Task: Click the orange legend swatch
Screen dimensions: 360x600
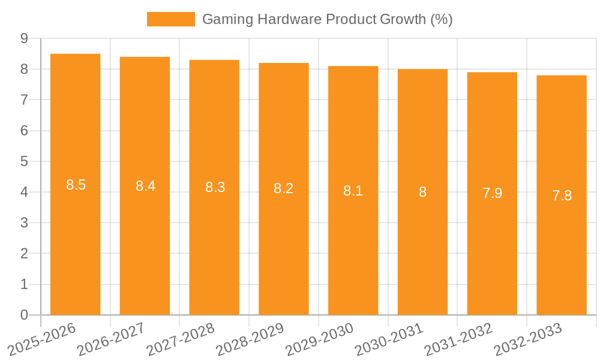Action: pyautogui.click(x=170, y=19)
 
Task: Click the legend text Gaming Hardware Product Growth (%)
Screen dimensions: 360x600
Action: pyautogui.click(x=327, y=19)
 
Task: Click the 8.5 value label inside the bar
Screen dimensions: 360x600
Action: pyautogui.click(x=76, y=185)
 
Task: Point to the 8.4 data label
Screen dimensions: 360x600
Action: pyautogui.click(x=145, y=186)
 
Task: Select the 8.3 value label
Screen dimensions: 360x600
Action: pyautogui.click(x=215, y=187)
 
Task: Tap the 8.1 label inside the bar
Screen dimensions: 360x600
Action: pyautogui.click(x=353, y=191)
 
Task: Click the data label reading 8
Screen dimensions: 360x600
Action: pyautogui.click(x=422, y=192)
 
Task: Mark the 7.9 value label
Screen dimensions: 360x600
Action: pyautogui.click(x=492, y=193)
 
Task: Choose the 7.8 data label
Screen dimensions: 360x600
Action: pyautogui.click(x=562, y=196)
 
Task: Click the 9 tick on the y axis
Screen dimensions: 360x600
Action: pyautogui.click(x=24, y=38)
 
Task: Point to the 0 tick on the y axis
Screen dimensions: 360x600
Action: pyautogui.click(x=24, y=315)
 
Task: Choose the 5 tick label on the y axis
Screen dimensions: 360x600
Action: pyautogui.click(x=24, y=161)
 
